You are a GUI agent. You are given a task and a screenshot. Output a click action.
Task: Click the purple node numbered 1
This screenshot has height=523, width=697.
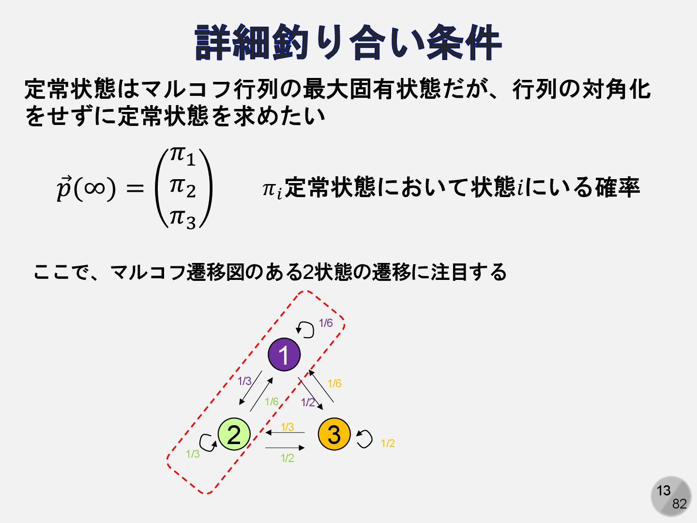point(284,354)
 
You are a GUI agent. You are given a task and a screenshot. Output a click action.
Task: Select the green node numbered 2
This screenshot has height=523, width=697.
point(234,434)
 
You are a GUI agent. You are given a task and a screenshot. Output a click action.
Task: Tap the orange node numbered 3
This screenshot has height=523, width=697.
point(334,434)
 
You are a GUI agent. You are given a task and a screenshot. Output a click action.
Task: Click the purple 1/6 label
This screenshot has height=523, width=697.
point(326,323)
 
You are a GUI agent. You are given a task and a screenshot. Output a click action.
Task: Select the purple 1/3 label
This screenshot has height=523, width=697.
point(244,381)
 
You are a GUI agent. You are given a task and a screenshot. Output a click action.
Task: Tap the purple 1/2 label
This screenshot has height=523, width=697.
point(308,402)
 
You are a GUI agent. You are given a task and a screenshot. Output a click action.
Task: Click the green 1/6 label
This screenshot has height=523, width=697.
point(272,402)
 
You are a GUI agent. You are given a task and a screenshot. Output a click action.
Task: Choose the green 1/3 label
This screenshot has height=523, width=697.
point(193,454)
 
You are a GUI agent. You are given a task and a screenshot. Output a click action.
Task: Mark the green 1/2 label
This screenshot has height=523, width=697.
point(288,458)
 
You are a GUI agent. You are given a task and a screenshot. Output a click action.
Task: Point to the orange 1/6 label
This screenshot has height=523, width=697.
point(334,383)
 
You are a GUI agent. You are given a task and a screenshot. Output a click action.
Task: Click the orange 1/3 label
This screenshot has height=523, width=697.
point(288,427)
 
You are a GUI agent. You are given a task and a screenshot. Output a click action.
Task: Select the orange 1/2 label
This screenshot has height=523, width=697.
point(388,443)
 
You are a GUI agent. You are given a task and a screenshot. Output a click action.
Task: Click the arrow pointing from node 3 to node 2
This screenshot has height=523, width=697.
point(285,432)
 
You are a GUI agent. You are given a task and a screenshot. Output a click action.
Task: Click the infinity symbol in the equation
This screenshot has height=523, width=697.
point(94,189)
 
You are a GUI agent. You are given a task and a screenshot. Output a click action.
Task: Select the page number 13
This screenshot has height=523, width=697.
point(664,491)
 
